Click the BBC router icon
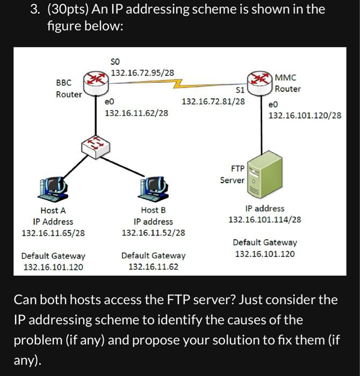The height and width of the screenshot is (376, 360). point(96,81)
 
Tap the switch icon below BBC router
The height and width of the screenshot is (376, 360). point(96,144)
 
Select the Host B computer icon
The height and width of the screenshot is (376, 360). point(154,186)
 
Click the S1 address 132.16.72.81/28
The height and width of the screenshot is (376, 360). point(213,101)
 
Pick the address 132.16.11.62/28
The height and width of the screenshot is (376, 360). point(136,113)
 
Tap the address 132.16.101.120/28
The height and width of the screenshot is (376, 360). point(305,115)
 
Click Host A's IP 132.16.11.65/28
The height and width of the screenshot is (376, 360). point(53,233)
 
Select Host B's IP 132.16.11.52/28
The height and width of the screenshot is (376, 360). point(154,233)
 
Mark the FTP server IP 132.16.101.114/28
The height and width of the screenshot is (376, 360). point(264,220)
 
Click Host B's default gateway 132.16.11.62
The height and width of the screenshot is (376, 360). point(154,266)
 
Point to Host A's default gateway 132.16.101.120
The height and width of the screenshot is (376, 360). point(53,266)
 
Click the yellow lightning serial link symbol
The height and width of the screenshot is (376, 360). point(176,83)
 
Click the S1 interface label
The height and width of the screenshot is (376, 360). point(240,90)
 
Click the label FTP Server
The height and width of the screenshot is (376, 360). point(232,174)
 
